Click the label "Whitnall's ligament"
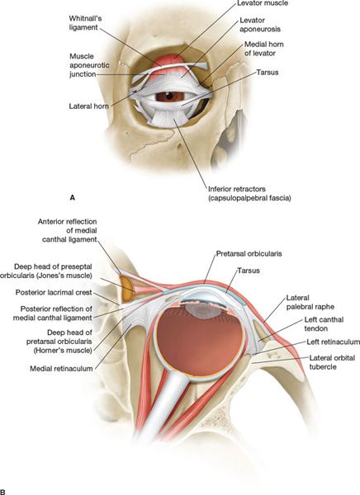tap(85, 23)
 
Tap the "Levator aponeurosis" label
tap(260, 25)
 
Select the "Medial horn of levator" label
tap(264, 49)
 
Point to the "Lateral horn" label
tap(89, 106)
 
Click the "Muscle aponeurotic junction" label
tap(89, 65)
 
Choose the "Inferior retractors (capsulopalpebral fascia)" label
tap(249, 194)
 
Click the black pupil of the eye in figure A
tap(169, 95)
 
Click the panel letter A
tap(73, 198)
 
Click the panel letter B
tap(2, 492)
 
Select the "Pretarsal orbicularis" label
tap(249, 254)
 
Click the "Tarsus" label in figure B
tap(249, 271)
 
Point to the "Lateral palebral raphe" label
tap(310, 302)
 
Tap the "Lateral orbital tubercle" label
tap(332, 362)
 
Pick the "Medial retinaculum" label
tap(61, 369)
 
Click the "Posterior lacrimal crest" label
tap(54, 293)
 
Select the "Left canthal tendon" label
tap(324, 324)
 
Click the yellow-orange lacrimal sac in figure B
tap(126, 289)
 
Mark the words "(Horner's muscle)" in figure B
tap(63, 351)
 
